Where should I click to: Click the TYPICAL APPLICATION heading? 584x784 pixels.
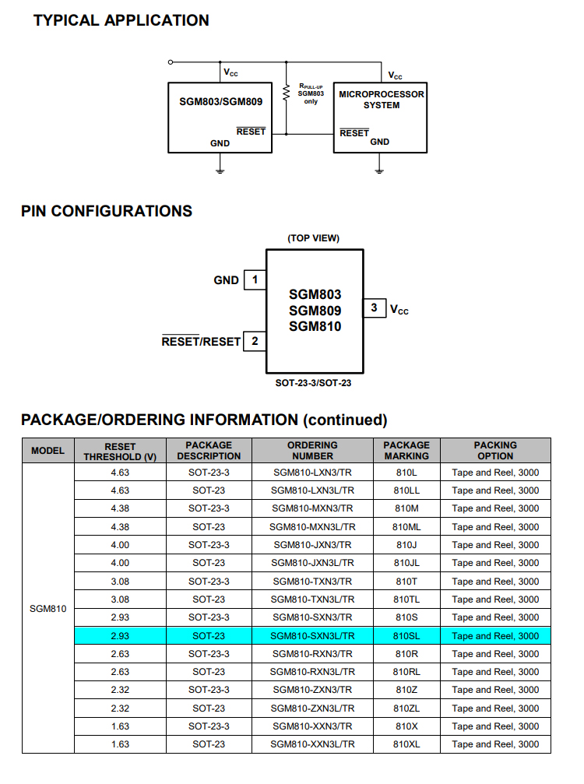tap(121, 21)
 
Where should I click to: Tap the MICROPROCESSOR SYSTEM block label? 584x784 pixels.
tap(382, 100)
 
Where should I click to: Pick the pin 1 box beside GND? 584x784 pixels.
tap(255, 279)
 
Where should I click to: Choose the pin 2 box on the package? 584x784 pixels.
tap(255, 341)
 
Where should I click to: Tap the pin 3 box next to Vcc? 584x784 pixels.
tap(375, 308)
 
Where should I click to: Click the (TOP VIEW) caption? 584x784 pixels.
tap(314, 237)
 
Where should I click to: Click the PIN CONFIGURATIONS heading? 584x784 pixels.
tap(107, 211)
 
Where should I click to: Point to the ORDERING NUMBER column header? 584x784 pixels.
tap(312, 451)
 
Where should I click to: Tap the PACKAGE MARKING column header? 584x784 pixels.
tap(406, 451)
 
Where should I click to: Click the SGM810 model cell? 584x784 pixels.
tap(47, 608)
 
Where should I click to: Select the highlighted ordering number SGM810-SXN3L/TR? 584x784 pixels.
tap(312, 636)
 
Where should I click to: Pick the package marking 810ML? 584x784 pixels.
tap(406, 527)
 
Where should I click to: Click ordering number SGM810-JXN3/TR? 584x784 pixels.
tap(312, 545)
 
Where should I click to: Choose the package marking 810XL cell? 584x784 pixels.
tap(406, 744)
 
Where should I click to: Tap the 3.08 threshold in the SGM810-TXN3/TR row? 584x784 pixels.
tap(120, 582)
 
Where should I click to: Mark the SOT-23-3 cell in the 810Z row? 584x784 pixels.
tap(209, 690)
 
